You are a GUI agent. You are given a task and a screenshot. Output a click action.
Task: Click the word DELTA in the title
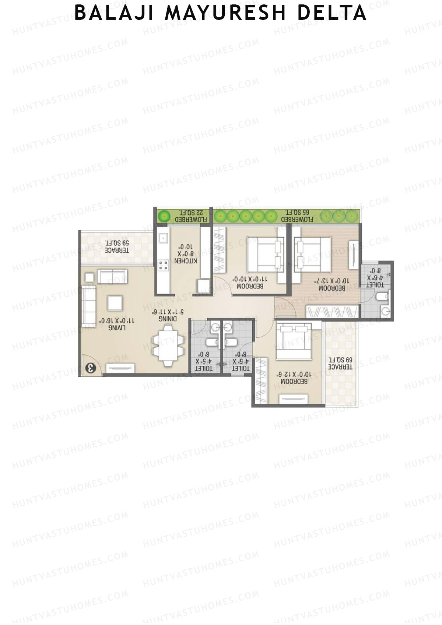point(331,13)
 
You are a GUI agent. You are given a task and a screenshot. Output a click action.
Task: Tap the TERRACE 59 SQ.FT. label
point(117,246)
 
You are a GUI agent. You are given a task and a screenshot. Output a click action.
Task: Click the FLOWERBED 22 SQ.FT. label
point(191,216)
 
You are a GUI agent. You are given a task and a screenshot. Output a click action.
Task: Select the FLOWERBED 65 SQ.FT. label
point(297,216)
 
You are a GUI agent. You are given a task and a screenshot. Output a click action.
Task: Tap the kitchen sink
point(162,238)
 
